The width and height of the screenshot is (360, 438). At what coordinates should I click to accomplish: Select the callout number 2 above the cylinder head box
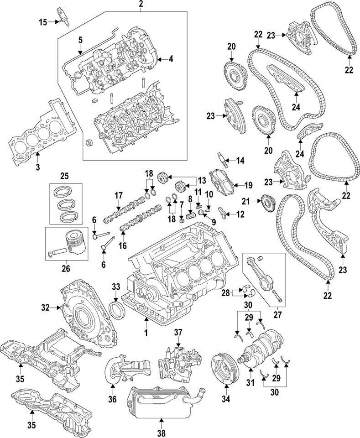pos(141,5)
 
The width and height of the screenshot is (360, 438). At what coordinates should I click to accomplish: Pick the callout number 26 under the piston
pos(65,268)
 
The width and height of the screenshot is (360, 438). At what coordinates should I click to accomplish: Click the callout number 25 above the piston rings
pos(64,176)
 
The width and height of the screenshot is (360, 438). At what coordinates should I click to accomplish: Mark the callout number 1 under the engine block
pos(146,334)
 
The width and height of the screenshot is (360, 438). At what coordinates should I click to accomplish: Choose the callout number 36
pos(112,400)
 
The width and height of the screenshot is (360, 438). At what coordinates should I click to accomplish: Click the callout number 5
pos(80,40)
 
